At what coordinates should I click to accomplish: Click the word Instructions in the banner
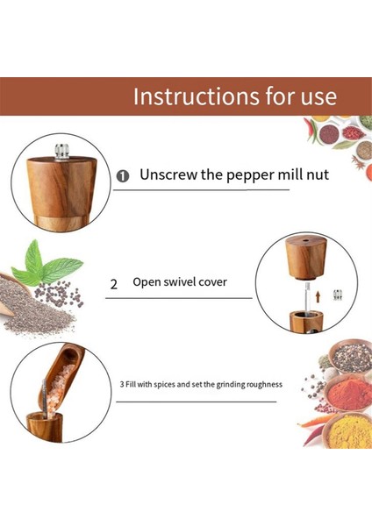[197, 96]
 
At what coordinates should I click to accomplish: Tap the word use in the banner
[318, 97]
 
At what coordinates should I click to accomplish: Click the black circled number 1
[123, 176]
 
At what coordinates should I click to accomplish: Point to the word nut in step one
[318, 175]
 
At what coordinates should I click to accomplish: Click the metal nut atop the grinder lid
[62, 152]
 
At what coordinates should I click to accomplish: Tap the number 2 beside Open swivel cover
[114, 284]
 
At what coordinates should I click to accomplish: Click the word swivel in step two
[175, 281]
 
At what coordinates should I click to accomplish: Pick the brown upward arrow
[318, 297]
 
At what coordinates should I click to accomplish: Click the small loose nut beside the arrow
[338, 295]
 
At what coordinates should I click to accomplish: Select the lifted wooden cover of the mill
[305, 257]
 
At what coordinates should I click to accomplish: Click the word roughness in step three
[264, 385]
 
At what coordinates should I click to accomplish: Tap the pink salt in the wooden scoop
[59, 389]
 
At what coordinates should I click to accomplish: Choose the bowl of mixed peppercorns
[350, 357]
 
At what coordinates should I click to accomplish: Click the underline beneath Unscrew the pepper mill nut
[202, 190]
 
